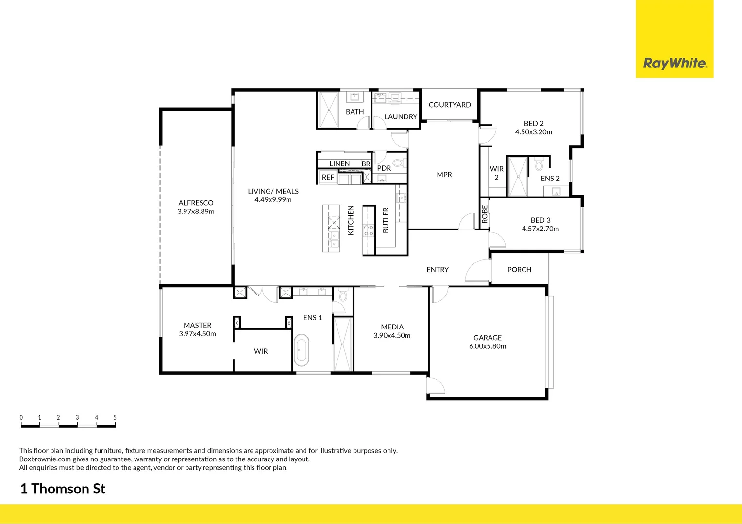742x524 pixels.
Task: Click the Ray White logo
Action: tap(675, 63)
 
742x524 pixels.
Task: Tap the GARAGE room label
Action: tap(488, 338)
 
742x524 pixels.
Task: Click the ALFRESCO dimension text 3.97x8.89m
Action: tap(196, 212)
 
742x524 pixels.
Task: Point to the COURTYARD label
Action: tap(450, 105)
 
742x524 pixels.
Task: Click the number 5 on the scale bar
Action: tap(115, 417)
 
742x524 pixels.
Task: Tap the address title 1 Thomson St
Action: tap(63, 489)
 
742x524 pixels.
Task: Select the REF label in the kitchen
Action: tap(328, 177)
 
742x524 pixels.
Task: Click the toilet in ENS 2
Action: tap(539, 165)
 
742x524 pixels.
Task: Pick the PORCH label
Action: tap(519, 270)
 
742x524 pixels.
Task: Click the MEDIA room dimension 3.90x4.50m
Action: tap(392, 336)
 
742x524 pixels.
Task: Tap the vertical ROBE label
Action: tap(484, 214)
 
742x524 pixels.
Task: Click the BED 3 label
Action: tap(540, 220)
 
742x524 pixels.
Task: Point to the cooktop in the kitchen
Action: tap(369, 230)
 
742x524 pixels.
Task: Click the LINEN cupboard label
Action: tap(339, 164)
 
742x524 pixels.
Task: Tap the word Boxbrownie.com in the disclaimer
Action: tap(45, 459)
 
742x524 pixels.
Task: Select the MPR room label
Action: tap(444, 175)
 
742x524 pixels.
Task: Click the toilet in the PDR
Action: tap(398, 163)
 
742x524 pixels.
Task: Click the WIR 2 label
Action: tap(496, 173)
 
